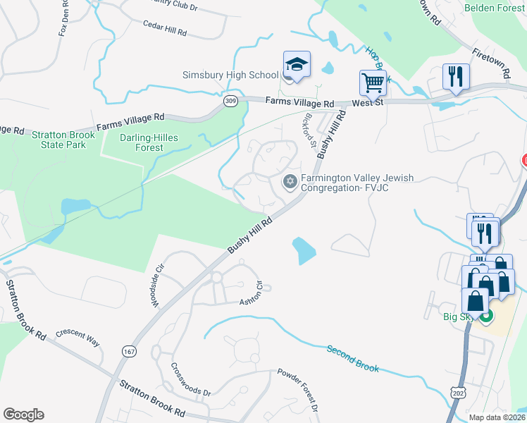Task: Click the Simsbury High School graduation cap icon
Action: pyautogui.click(x=297, y=64)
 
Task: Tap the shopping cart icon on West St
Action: pyautogui.click(x=373, y=82)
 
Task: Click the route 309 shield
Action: pyautogui.click(x=230, y=102)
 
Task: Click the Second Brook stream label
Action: pyautogui.click(x=352, y=358)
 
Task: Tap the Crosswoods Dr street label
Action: pyautogui.click(x=190, y=379)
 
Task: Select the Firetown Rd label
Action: pyautogui.click(x=492, y=62)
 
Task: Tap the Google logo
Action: pyautogui.click(x=23, y=414)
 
